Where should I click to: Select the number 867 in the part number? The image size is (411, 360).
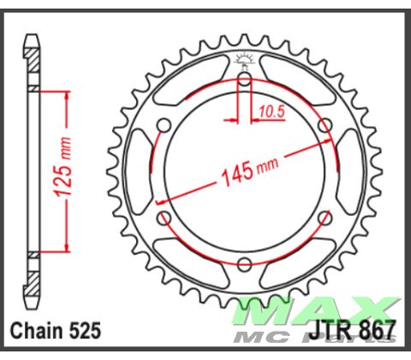(x=378, y=330)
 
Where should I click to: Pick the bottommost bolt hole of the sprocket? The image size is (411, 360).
(x=243, y=263)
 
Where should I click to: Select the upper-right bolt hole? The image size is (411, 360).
(x=324, y=126)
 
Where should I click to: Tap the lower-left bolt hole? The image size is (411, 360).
(x=164, y=218)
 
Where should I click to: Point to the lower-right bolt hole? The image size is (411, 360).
(x=324, y=218)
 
